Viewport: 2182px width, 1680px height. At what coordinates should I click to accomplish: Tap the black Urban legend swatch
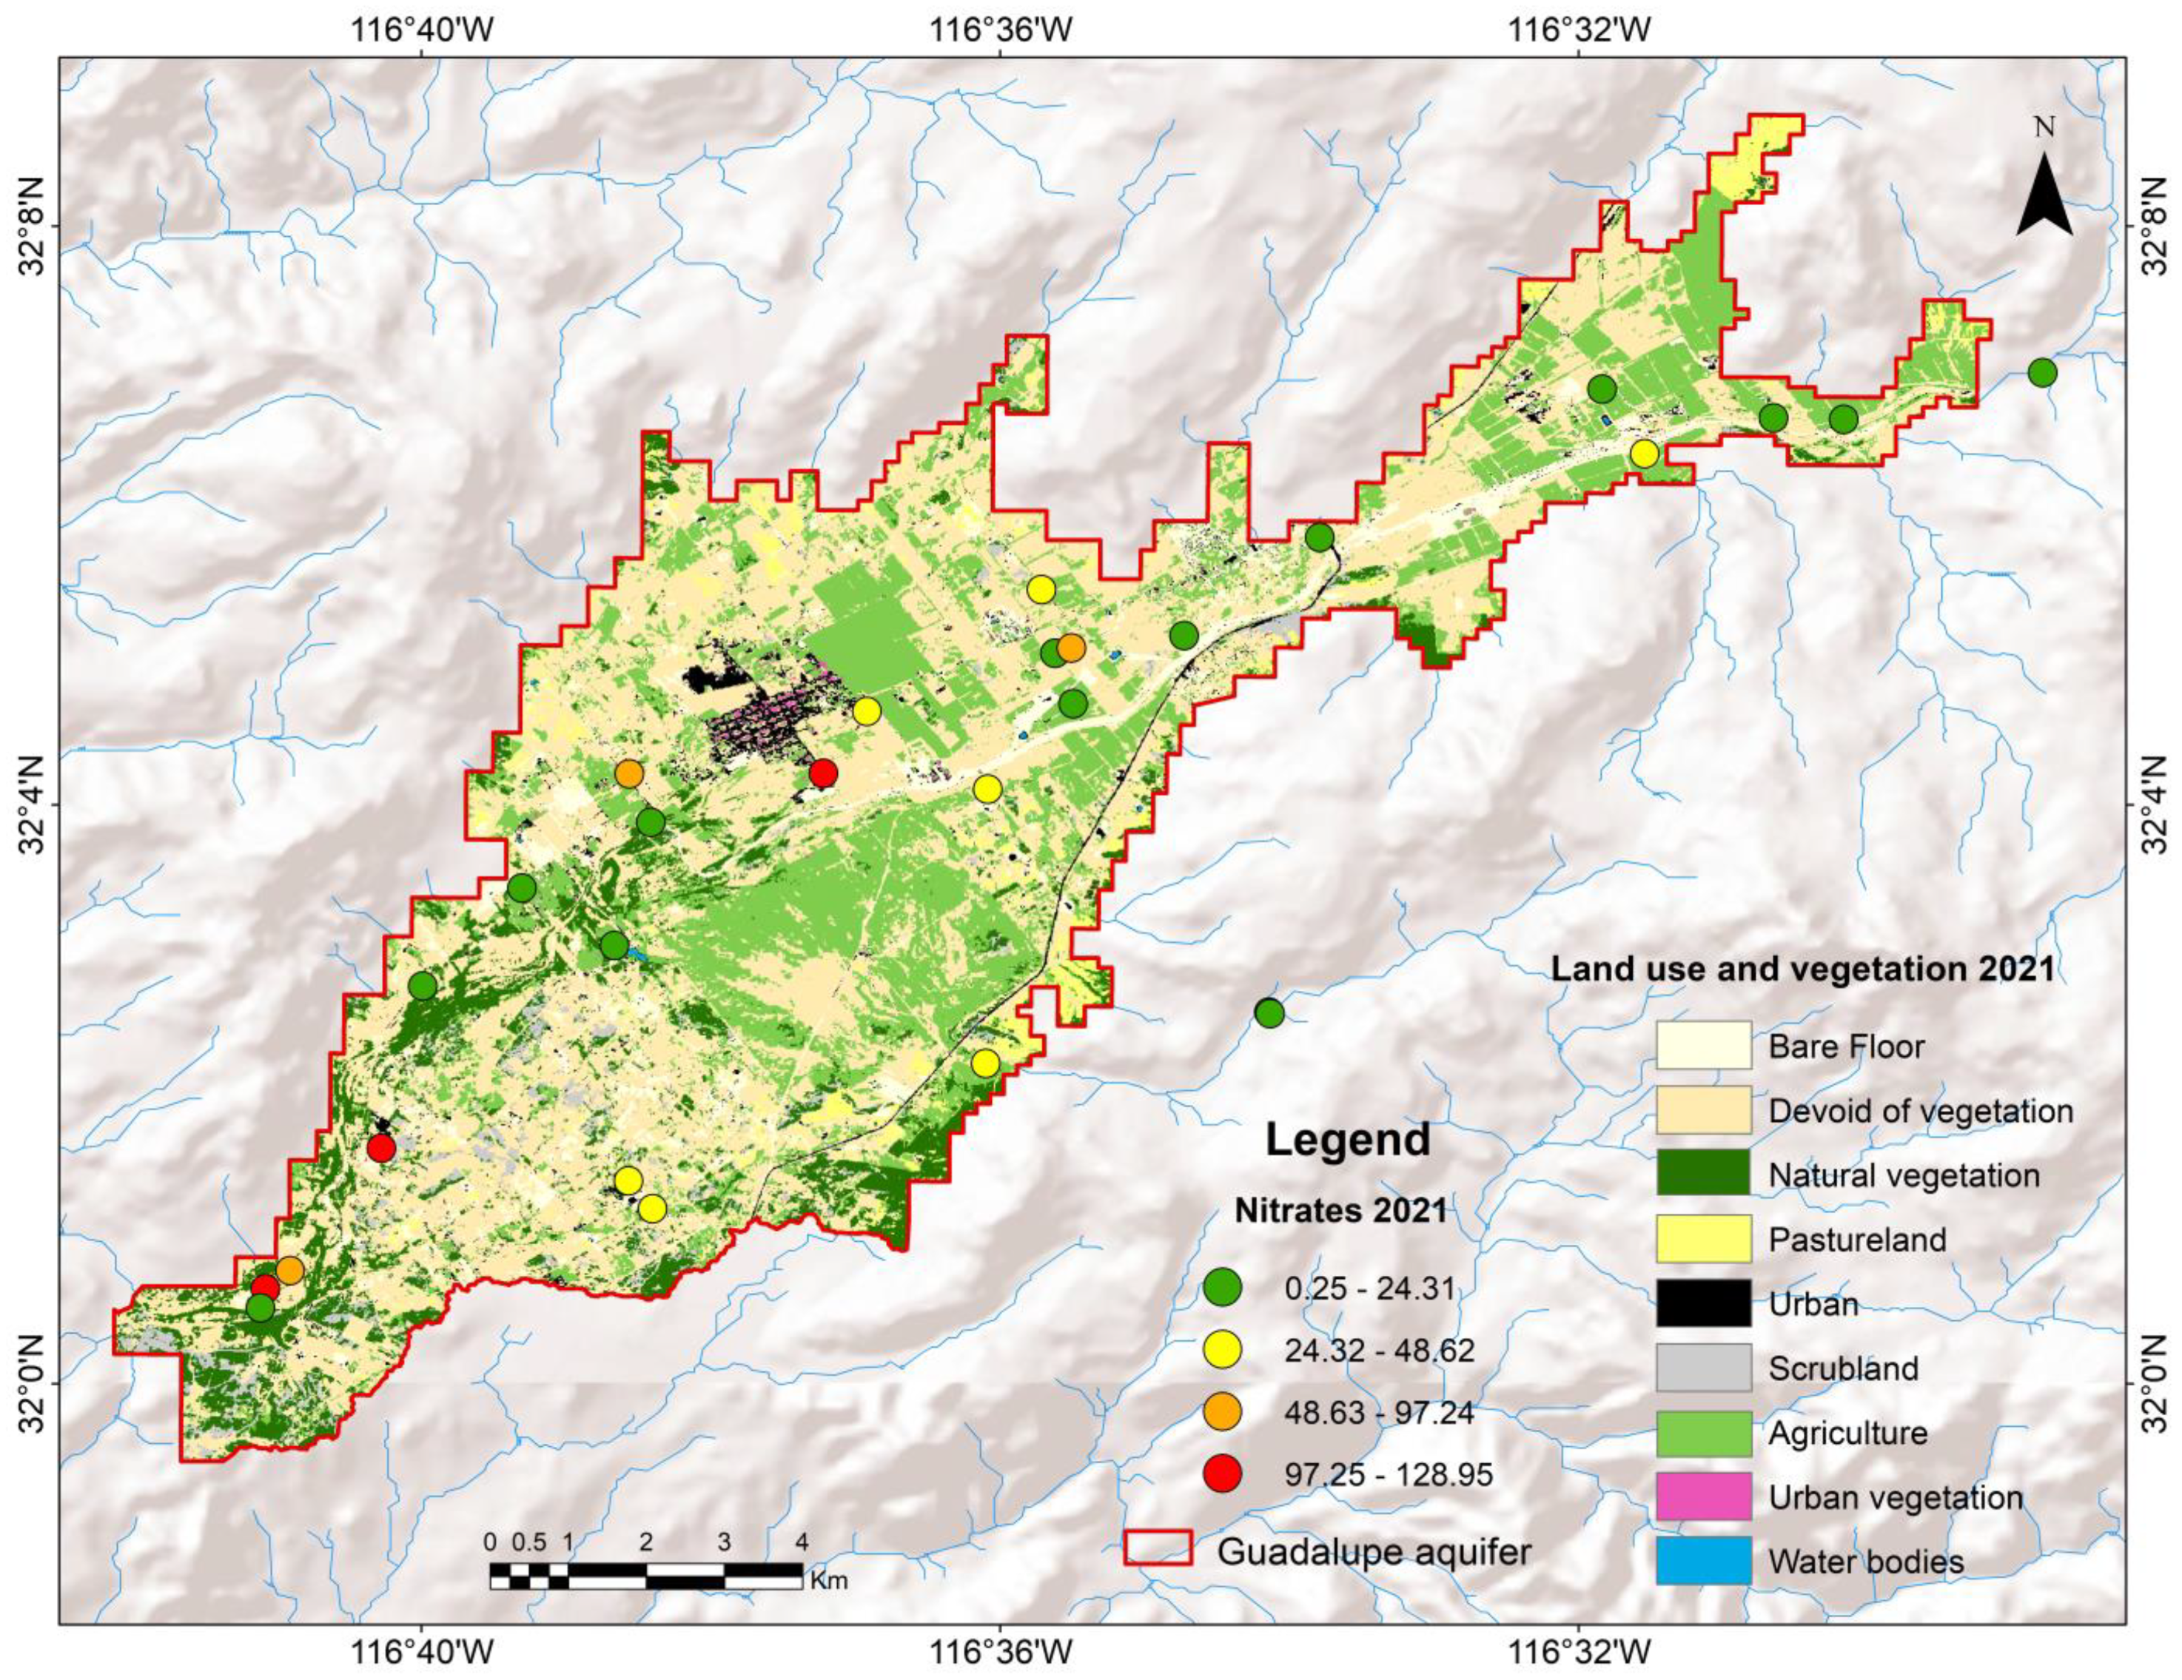tap(1703, 1303)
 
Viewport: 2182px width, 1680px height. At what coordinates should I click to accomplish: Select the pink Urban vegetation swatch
tap(1703, 1496)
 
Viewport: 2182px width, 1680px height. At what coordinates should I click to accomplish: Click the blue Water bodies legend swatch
tap(1703, 1560)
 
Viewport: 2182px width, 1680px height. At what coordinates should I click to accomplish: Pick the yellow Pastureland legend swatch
tap(1703, 1238)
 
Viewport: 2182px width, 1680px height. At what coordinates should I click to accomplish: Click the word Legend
tap(1348, 1140)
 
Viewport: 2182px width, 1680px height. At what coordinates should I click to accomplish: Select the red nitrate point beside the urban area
tap(822, 772)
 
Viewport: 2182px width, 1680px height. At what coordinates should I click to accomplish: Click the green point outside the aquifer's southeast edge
tap(1269, 1012)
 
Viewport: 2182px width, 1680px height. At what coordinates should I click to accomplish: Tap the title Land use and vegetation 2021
tap(1802, 968)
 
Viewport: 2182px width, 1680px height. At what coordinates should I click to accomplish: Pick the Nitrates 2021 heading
tap(1340, 1211)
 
